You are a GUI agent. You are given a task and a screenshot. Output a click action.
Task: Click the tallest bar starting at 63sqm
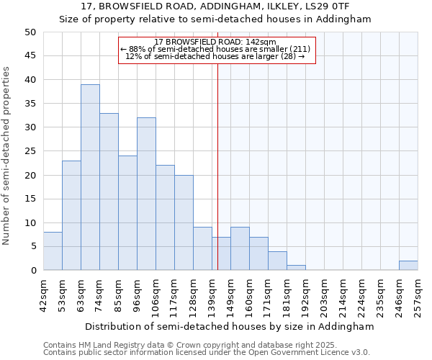[90, 177]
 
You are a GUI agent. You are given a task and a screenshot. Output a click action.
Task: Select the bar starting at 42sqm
[53, 251]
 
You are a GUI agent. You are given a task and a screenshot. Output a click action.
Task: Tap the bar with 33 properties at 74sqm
[109, 192]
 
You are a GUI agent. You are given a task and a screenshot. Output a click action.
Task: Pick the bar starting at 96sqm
[146, 194]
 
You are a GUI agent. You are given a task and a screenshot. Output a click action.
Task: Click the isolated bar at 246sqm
[408, 266]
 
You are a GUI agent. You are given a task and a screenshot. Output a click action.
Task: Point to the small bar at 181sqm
[296, 268]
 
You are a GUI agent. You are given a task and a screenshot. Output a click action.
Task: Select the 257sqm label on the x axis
[418, 295]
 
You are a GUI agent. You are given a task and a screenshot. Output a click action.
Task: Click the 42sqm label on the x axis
[44, 295]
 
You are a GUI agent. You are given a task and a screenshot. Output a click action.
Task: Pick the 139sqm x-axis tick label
[212, 295]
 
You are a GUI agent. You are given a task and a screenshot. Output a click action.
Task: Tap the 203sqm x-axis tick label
[325, 295]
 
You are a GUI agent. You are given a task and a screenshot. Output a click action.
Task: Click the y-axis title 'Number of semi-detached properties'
[8, 156]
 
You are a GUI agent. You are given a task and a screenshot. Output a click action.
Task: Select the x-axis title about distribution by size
[229, 326]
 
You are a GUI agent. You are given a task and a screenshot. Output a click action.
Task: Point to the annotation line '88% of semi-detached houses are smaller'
[217, 49]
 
